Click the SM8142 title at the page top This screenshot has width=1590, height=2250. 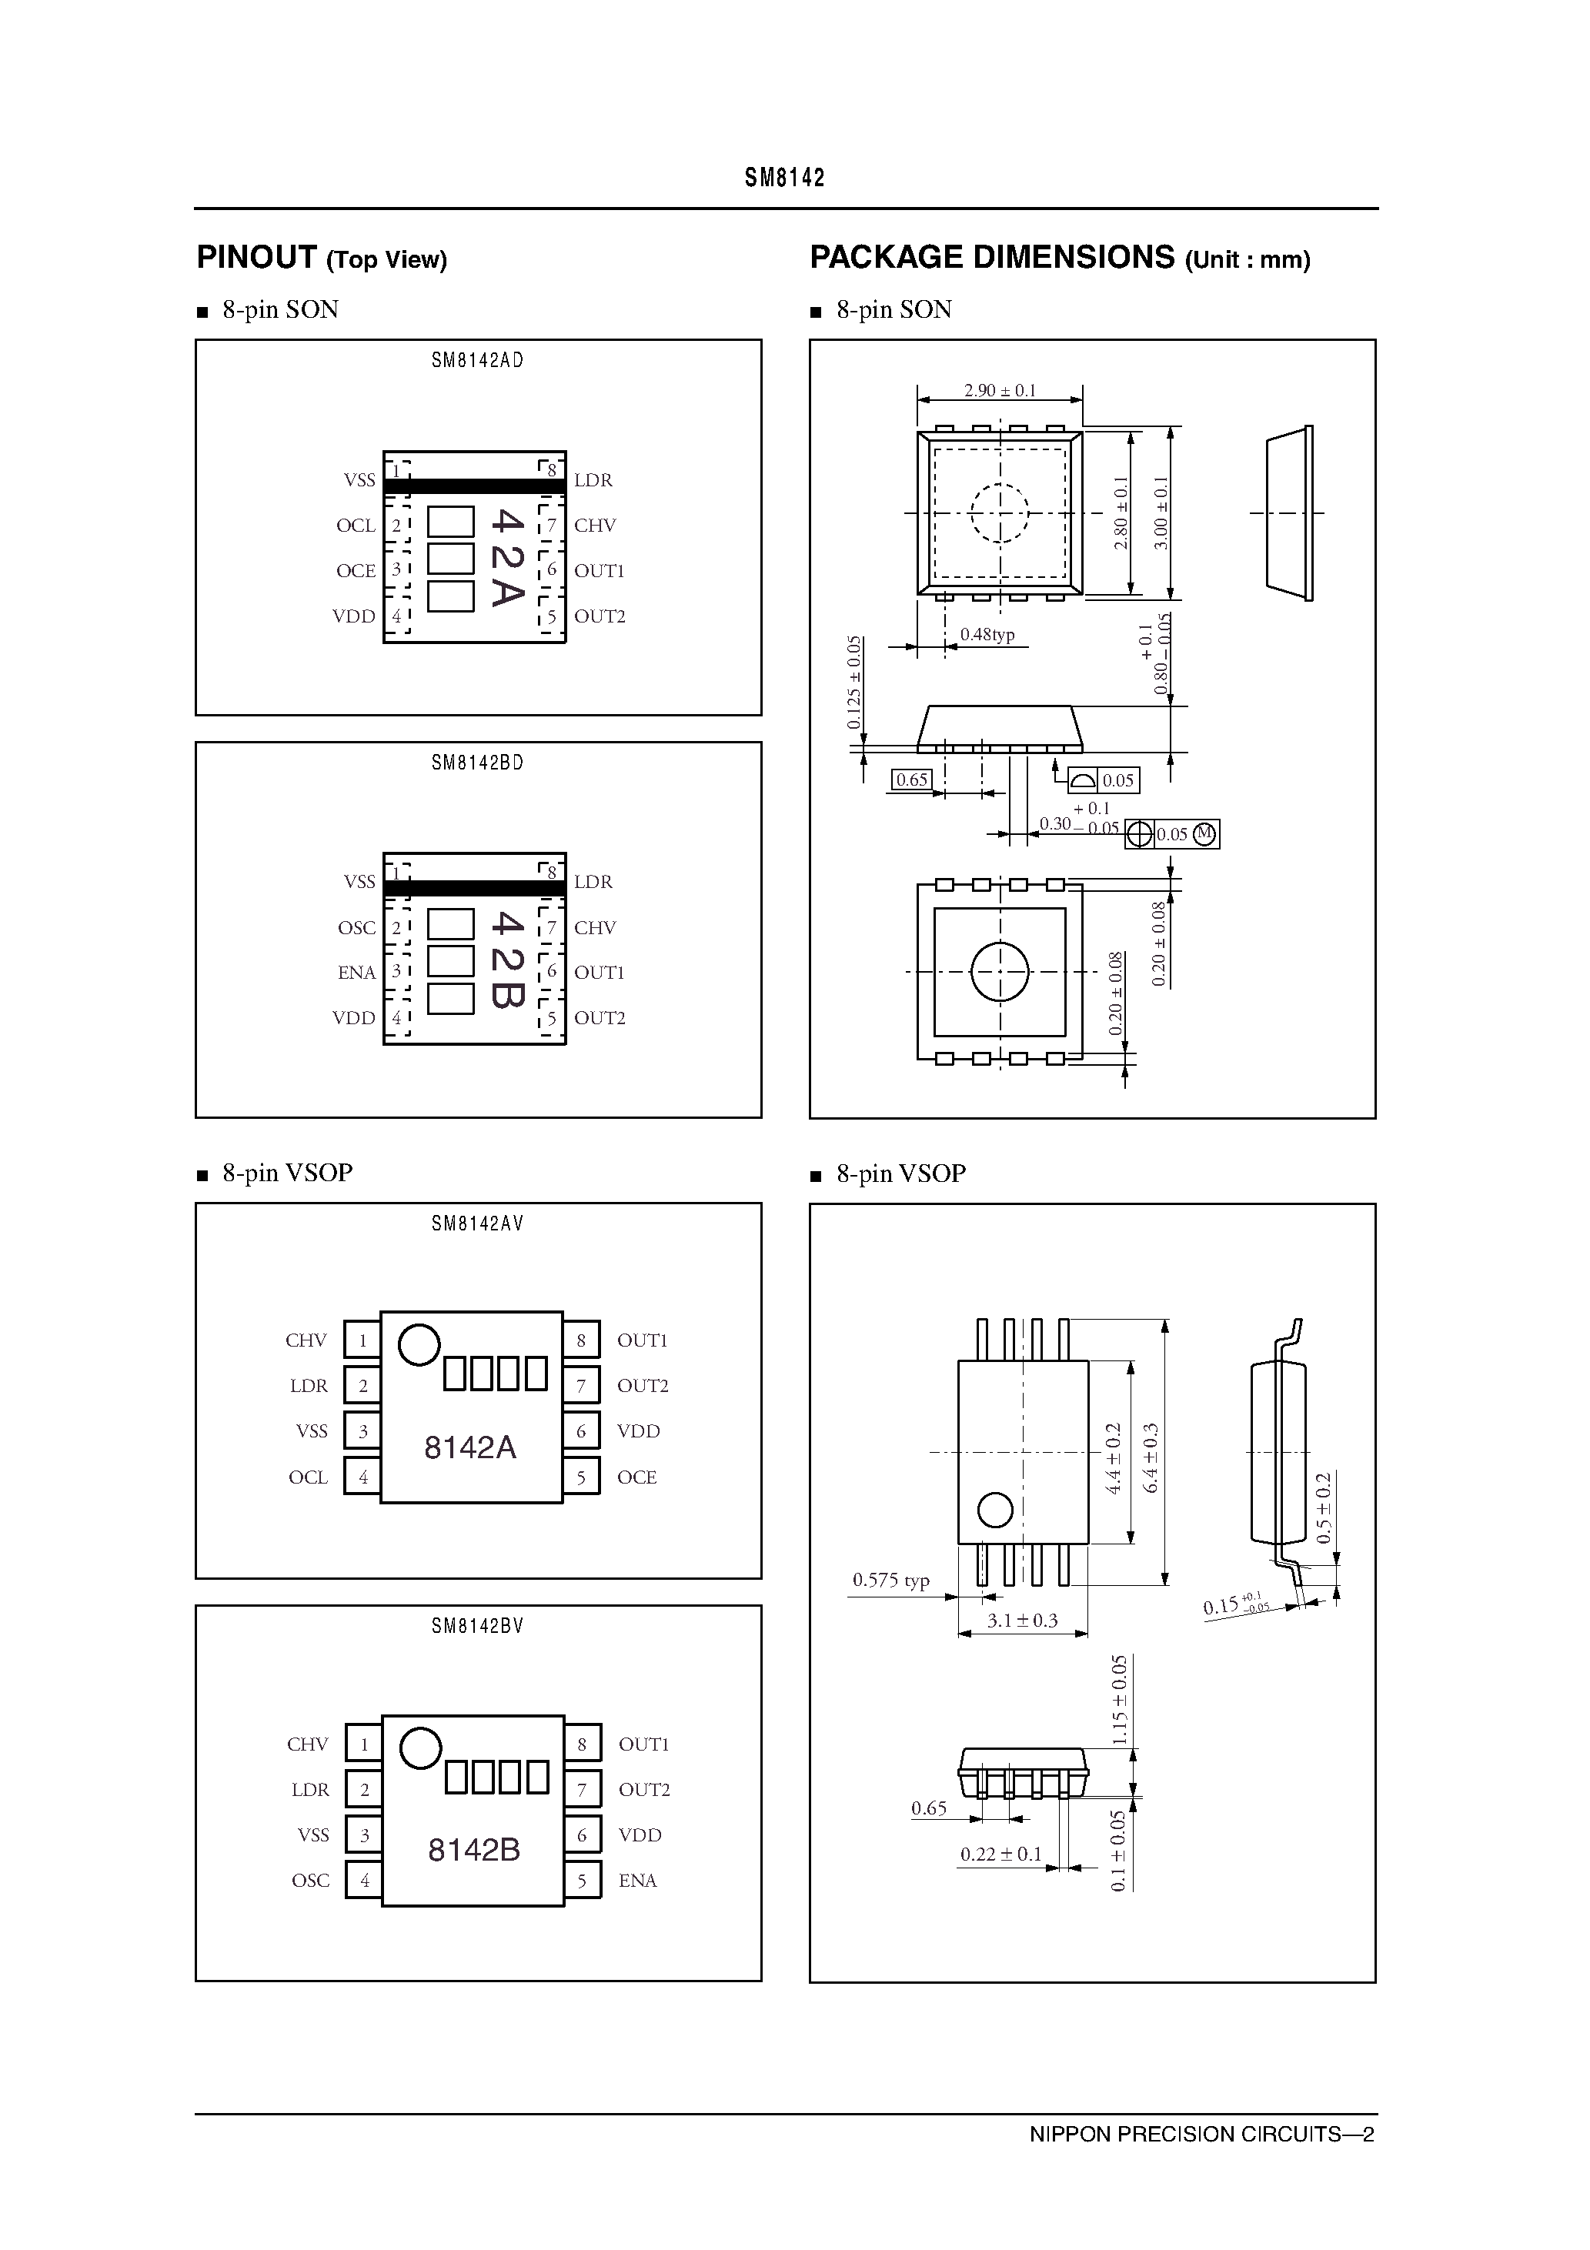click(x=784, y=179)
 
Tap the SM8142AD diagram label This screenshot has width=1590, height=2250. click(x=477, y=361)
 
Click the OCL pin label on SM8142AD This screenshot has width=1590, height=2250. click(x=355, y=526)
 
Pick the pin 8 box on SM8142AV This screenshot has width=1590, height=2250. click(x=581, y=1340)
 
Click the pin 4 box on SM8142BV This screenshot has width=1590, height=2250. click(x=365, y=1881)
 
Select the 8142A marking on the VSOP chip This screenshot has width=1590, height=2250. click(x=469, y=1447)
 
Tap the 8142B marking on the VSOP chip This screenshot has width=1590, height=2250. click(x=473, y=1850)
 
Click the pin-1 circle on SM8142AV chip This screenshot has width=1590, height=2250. click(x=419, y=1344)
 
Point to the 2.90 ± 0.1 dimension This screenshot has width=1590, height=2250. click(x=999, y=391)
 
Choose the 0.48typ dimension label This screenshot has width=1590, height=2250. click(x=987, y=635)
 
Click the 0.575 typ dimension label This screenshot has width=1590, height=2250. click(x=890, y=1580)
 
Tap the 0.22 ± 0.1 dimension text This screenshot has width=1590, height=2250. click(x=1000, y=1854)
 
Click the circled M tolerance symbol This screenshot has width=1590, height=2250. click(x=1204, y=834)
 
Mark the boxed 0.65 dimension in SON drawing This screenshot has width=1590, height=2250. click(x=912, y=780)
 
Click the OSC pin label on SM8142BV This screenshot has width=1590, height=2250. click(x=310, y=1881)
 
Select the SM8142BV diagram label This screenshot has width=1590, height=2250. click(x=477, y=1627)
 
